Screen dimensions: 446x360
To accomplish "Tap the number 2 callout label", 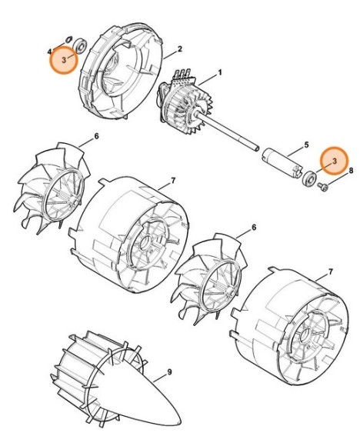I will [178, 50].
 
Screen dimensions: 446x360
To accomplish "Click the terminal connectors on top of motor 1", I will [184, 74].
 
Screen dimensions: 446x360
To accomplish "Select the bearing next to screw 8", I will [308, 179].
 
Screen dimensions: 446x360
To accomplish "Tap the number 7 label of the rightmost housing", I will [329, 272].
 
